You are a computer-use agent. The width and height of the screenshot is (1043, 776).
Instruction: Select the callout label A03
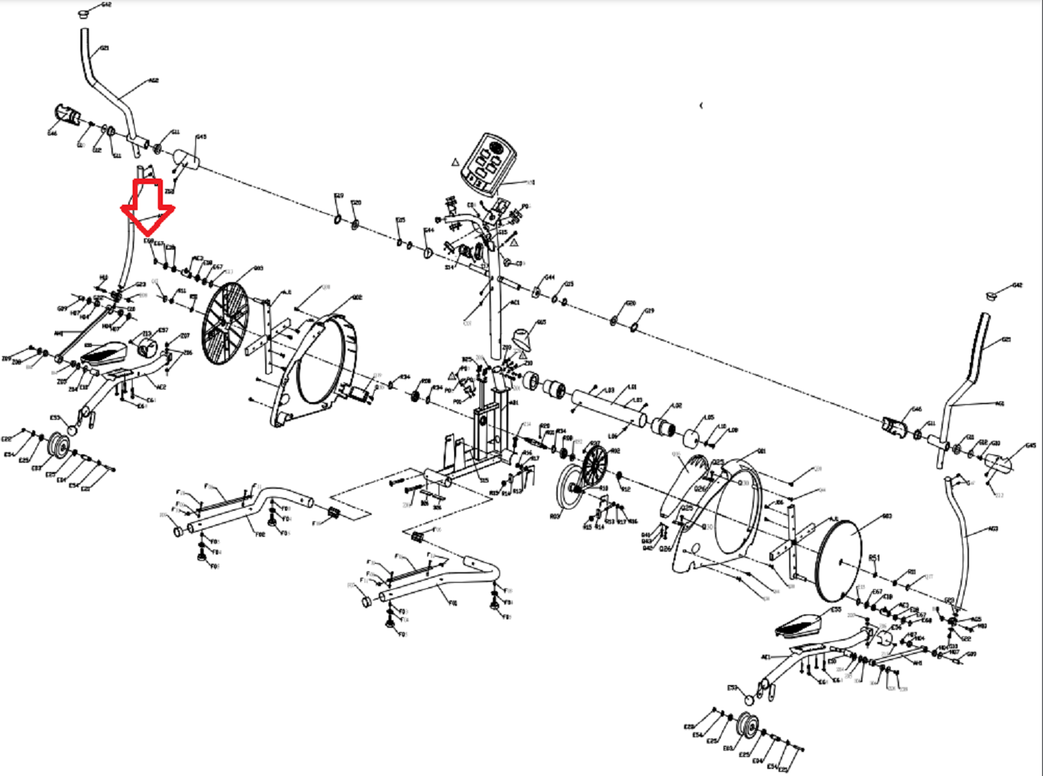[x=994, y=528]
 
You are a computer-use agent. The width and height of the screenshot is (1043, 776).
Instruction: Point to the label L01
[x=633, y=387]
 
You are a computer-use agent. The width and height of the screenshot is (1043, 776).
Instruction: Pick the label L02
[x=677, y=406]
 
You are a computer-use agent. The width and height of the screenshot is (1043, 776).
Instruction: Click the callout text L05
[x=709, y=418]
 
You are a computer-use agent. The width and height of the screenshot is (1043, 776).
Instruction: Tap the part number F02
[x=260, y=535]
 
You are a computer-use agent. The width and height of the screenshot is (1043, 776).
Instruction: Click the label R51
[x=874, y=557]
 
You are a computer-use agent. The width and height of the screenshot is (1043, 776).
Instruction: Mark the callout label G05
[x=541, y=322]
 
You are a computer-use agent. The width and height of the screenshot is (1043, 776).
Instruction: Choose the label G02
[x=357, y=298]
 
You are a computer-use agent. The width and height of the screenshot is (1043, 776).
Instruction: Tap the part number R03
[x=554, y=516]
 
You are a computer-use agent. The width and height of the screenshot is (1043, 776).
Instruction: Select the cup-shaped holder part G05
[x=522, y=338]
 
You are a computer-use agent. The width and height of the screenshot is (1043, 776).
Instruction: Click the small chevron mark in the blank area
[x=701, y=106]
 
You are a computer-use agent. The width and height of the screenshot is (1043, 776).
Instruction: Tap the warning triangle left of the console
[x=456, y=162]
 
